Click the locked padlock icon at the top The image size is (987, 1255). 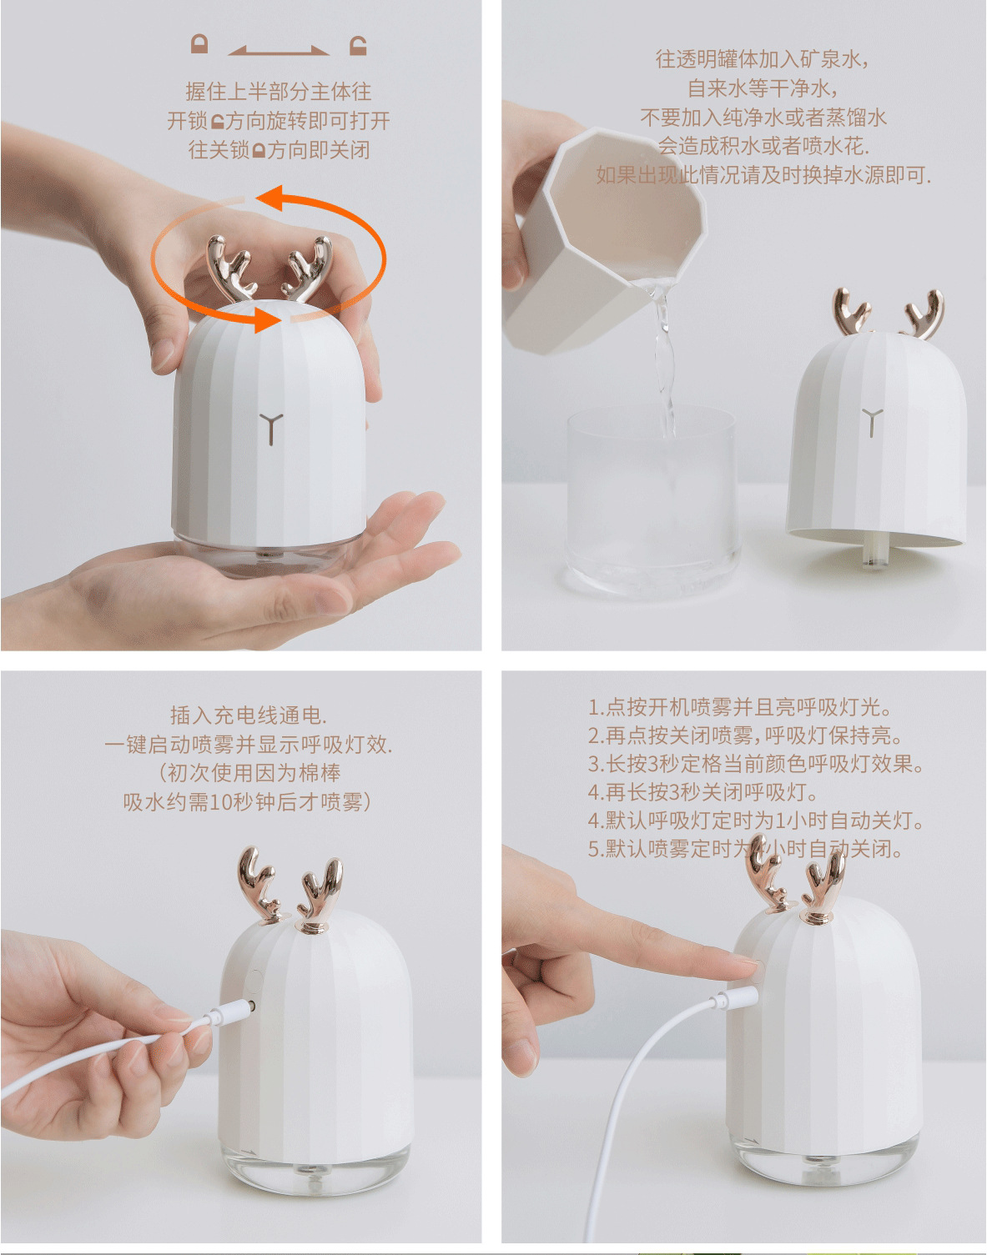tap(199, 44)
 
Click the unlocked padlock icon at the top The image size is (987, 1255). tap(358, 45)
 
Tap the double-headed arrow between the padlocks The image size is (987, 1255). tap(279, 51)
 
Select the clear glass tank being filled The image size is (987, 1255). tap(653, 500)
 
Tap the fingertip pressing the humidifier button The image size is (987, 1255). tap(747, 967)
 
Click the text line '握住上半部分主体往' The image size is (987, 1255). tap(279, 91)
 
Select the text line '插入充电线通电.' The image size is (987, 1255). tap(248, 715)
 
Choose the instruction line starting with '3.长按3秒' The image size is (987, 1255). tap(755, 764)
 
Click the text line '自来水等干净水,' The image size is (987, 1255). tap(762, 88)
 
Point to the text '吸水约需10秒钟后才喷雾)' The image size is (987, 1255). tap(248, 801)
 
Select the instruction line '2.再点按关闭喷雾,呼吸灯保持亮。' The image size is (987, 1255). tap(745, 735)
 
